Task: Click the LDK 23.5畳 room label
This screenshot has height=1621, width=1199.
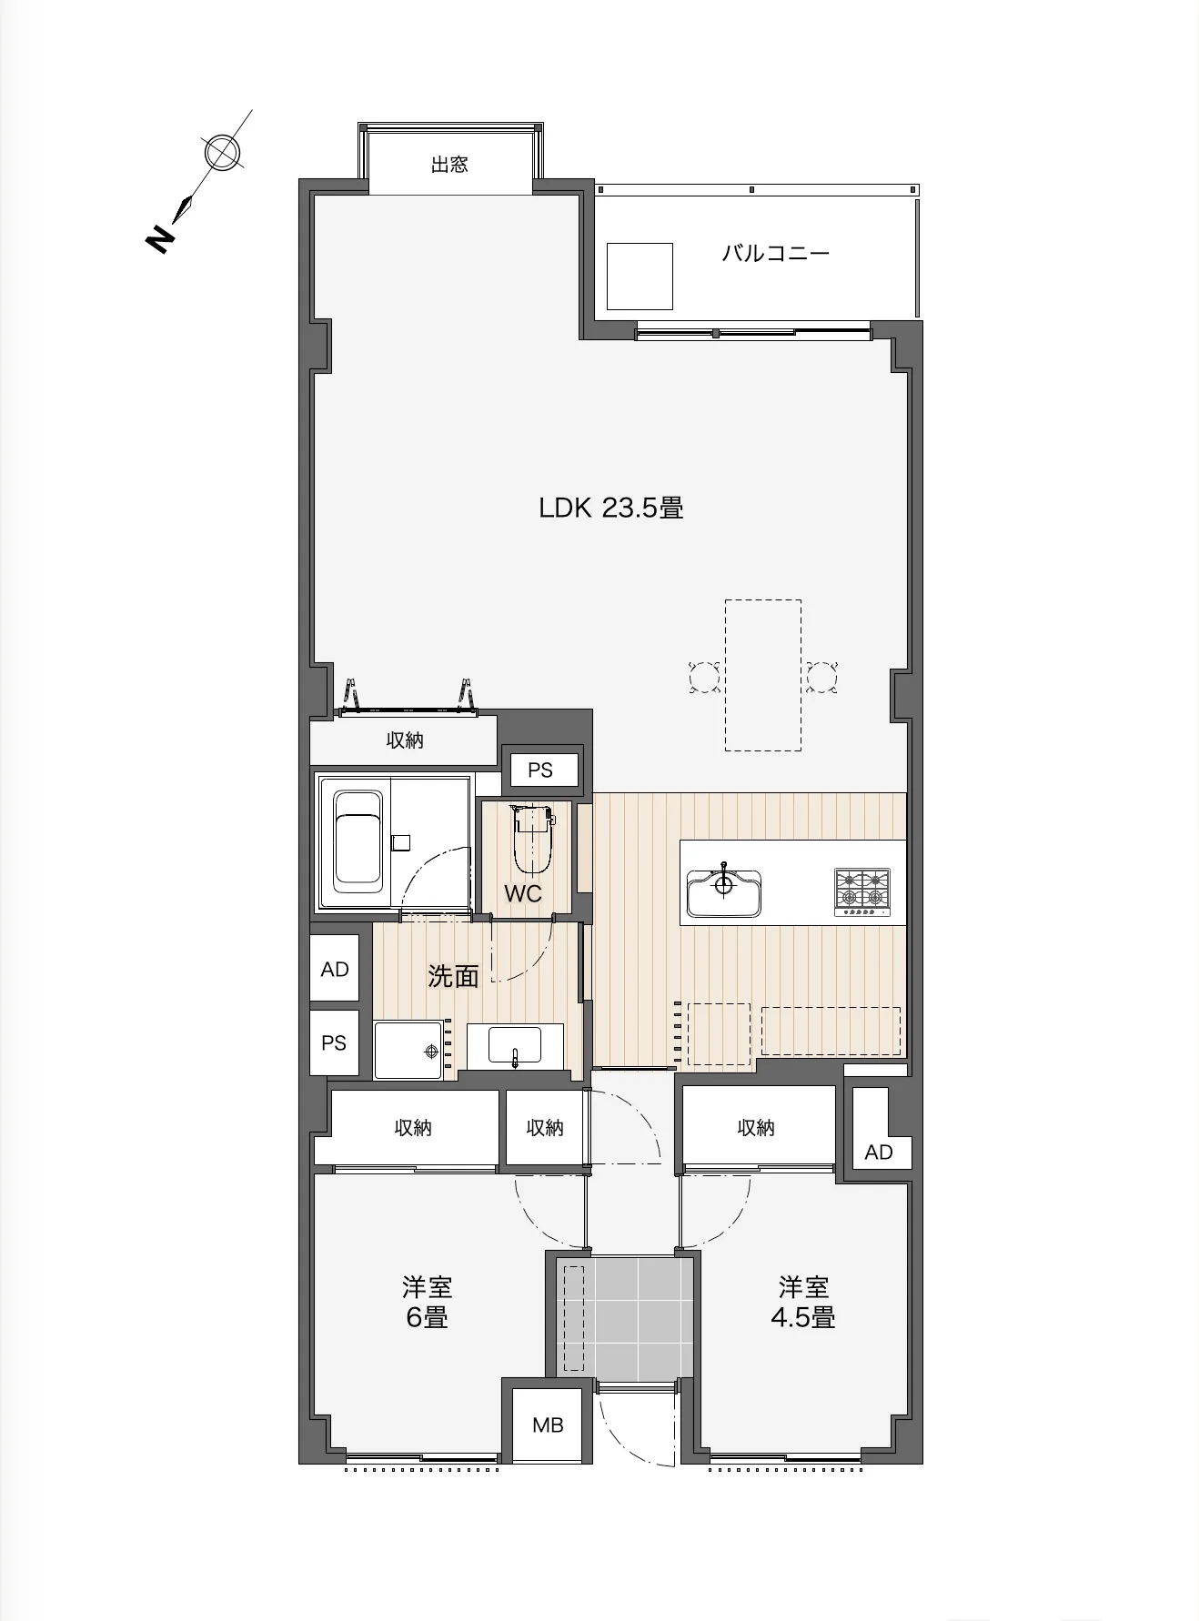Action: (x=610, y=508)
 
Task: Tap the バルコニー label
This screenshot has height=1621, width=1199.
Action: (x=775, y=253)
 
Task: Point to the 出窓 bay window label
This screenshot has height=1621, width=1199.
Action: (x=449, y=165)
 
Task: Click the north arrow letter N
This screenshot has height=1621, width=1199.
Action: (x=159, y=239)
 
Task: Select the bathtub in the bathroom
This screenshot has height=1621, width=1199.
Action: (x=357, y=841)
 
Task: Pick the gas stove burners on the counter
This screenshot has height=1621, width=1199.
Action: (x=862, y=891)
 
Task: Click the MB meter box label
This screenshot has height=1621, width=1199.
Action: (x=548, y=1425)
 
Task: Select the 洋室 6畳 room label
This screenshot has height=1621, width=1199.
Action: (x=427, y=1302)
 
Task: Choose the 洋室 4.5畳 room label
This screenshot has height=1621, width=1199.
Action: (x=803, y=1302)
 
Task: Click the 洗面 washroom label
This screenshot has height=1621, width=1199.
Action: (x=453, y=976)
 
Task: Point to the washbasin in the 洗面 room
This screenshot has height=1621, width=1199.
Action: (x=515, y=1045)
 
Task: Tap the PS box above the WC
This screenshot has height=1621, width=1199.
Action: (x=540, y=770)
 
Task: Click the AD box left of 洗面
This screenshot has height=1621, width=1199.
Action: (x=335, y=969)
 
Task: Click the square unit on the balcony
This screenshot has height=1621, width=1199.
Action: (x=640, y=277)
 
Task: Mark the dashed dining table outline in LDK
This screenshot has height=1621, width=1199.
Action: (x=763, y=675)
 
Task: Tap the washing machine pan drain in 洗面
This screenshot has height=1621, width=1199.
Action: (x=432, y=1051)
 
